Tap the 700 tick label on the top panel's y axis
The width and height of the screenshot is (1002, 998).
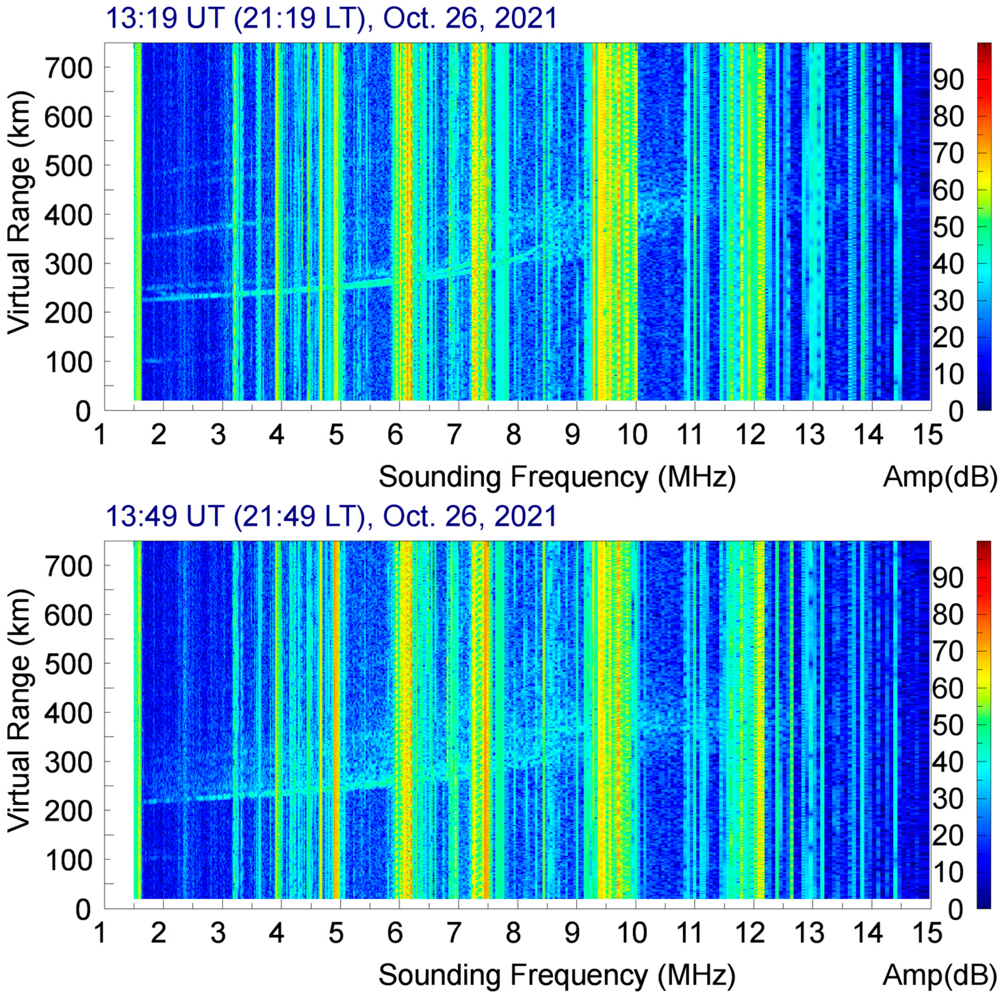click(x=69, y=68)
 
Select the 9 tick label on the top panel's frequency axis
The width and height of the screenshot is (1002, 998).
click(x=572, y=434)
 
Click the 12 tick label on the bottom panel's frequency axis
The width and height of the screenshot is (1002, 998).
click(x=750, y=932)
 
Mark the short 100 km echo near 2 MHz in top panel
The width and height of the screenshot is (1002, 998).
click(x=153, y=360)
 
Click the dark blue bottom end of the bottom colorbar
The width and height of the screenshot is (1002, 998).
click(x=984, y=903)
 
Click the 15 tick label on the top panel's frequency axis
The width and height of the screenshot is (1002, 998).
click(x=928, y=434)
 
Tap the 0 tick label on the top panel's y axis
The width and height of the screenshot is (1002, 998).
click(x=83, y=411)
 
